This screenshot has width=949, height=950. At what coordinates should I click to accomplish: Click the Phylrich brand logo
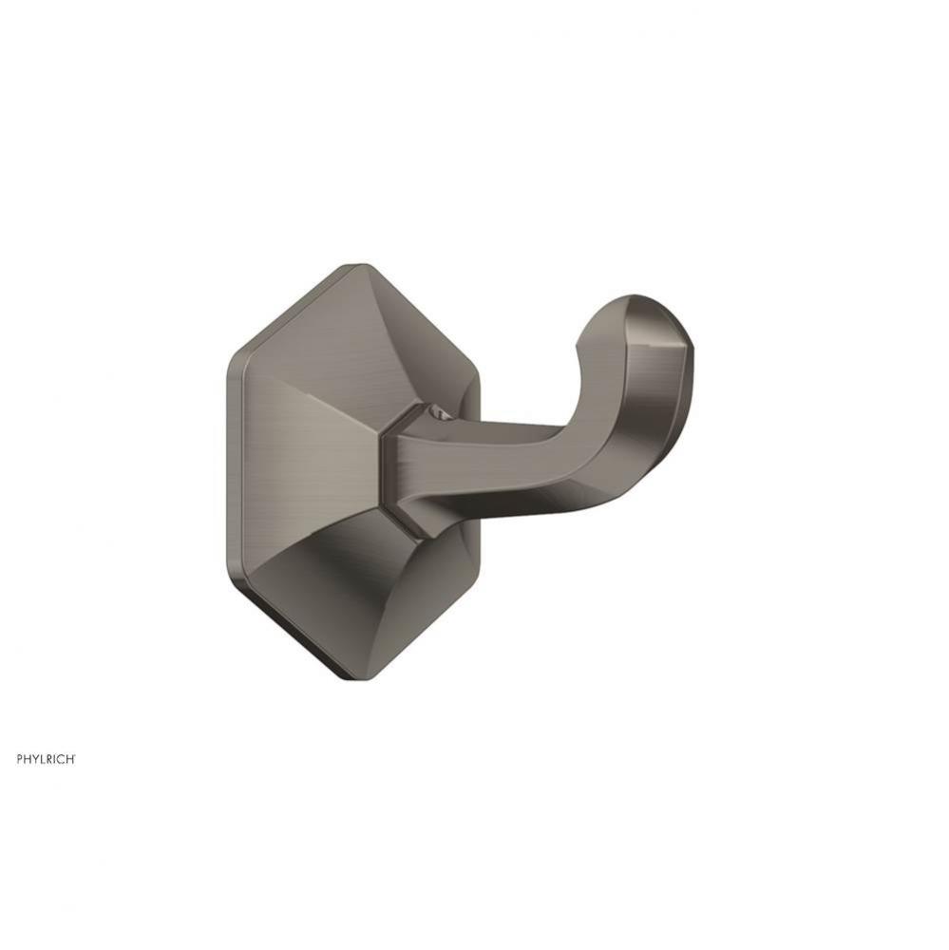[x=45, y=759]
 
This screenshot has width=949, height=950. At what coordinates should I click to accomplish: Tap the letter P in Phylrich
[x=18, y=759]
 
